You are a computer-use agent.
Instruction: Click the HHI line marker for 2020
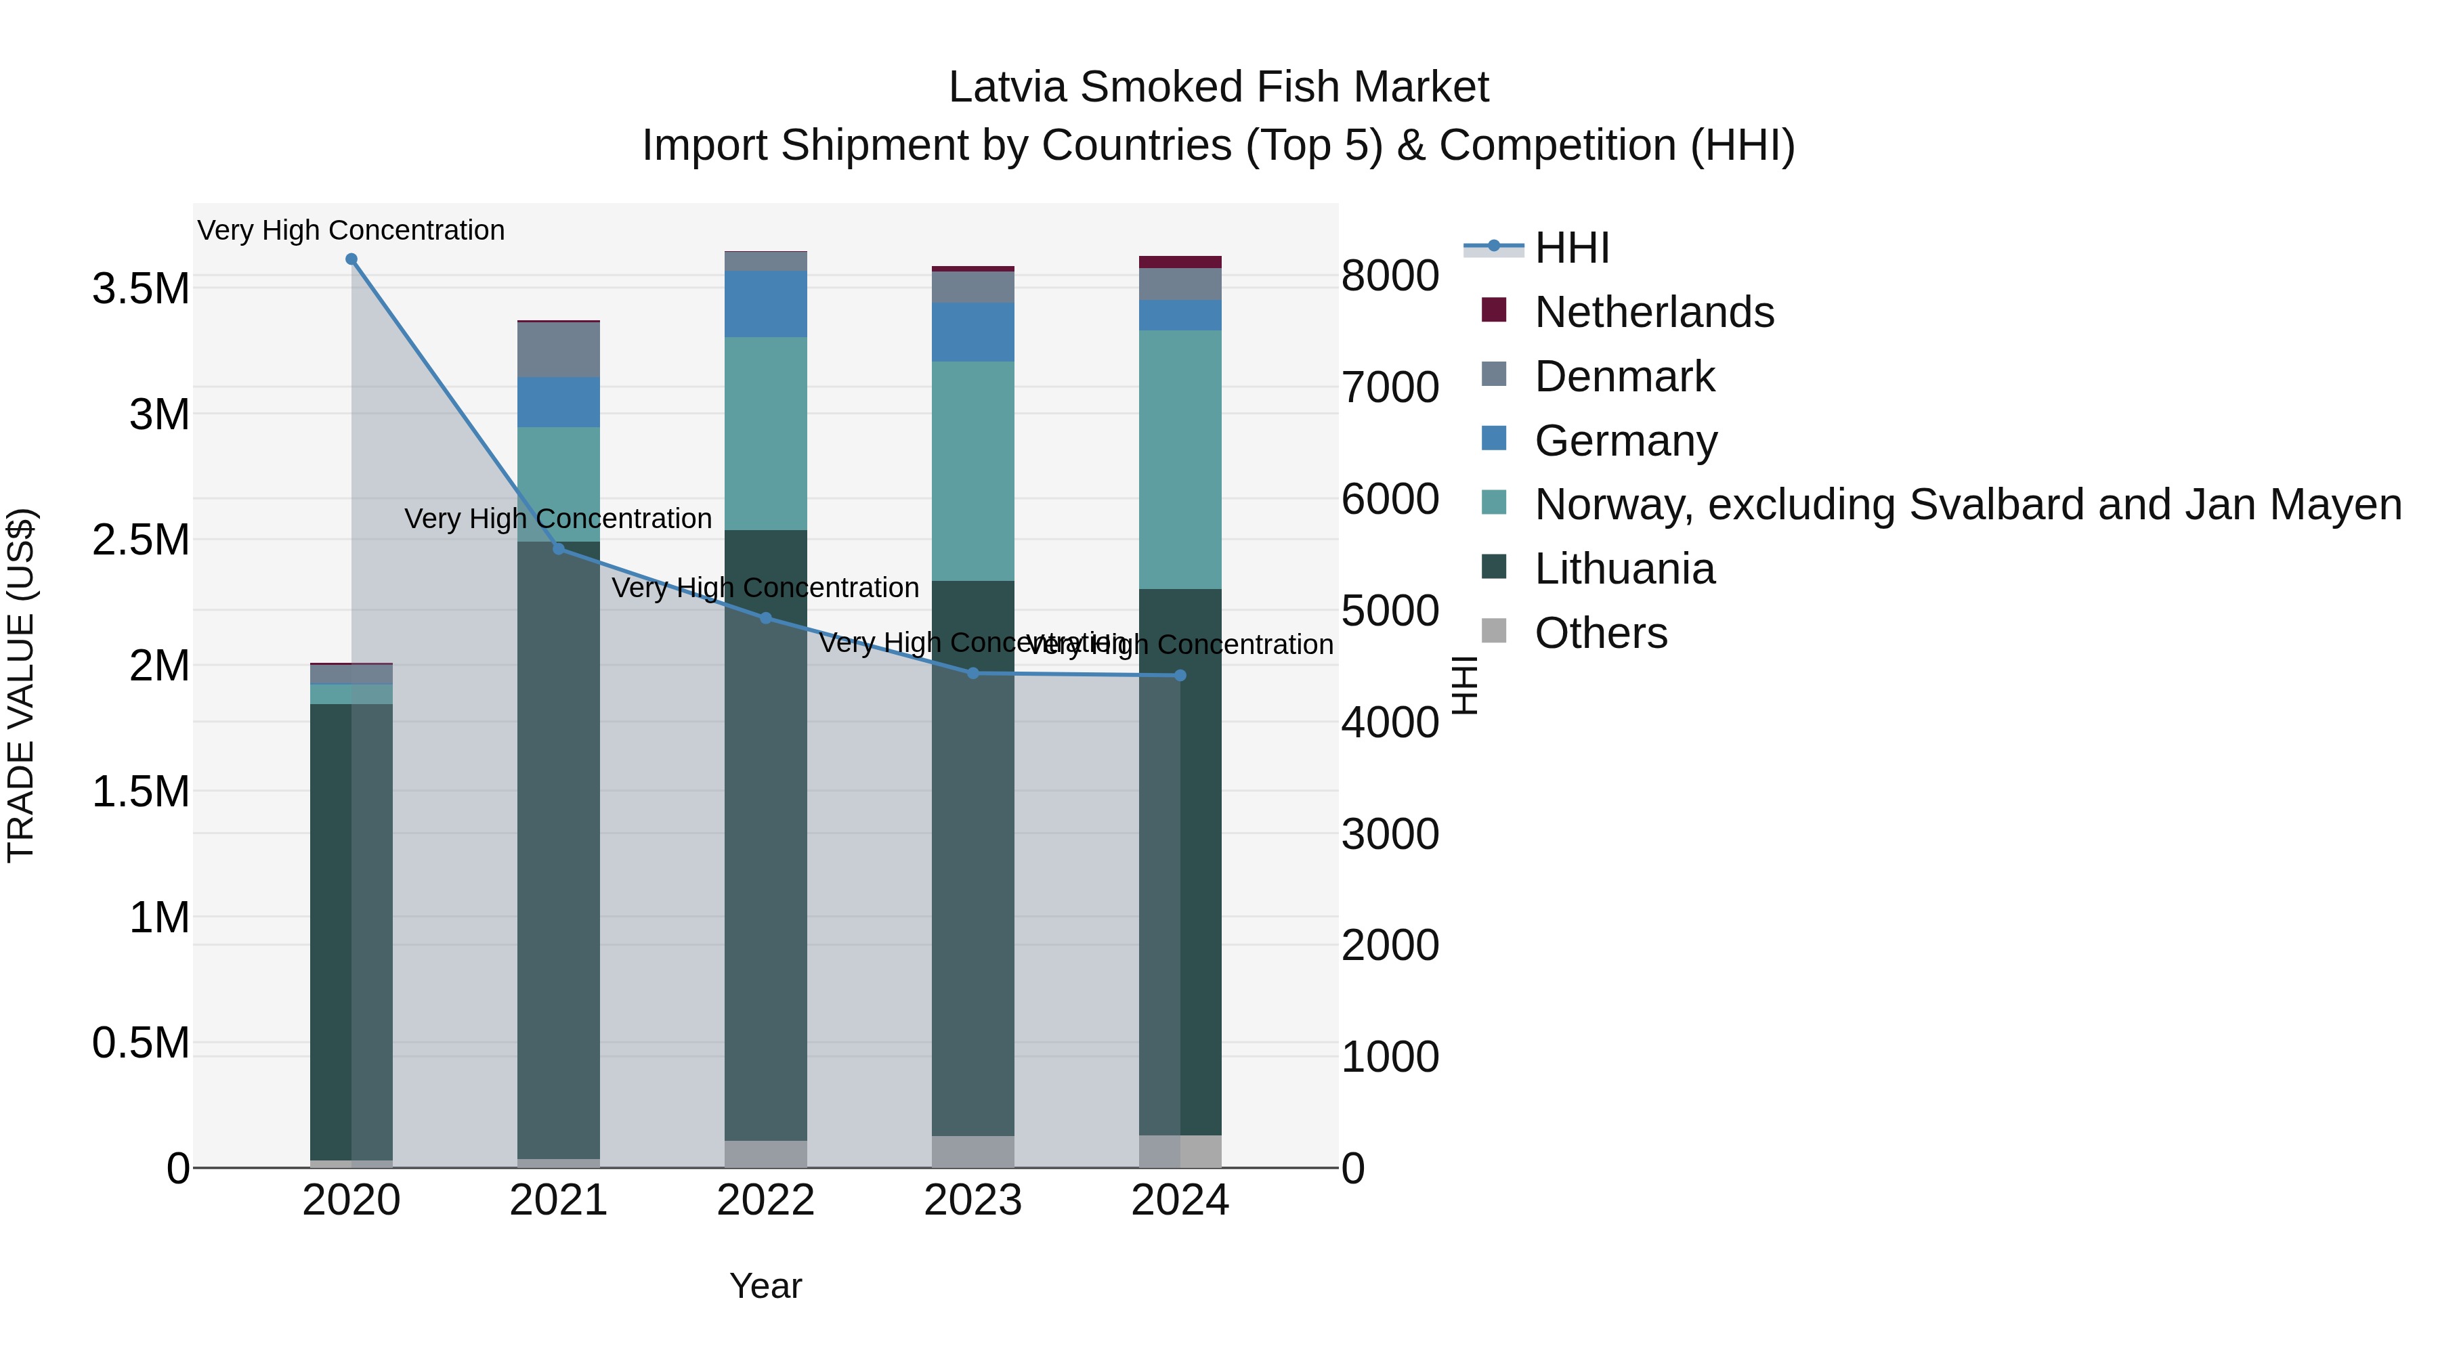pos(351,259)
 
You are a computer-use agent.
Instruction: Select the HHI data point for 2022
pos(766,619)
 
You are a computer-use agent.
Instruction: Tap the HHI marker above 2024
pos(1180,676)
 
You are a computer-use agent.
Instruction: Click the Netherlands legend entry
pos(1653,312)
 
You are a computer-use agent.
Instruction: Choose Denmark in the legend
pos(1624,376)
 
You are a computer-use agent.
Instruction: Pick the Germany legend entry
pos(1625,441)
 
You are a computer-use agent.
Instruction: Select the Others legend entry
pos(1600,633)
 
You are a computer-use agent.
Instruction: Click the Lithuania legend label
pos(1624,569)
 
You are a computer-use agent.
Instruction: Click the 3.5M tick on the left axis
pos(141,288)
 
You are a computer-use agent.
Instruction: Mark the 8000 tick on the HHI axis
pos(1390,276)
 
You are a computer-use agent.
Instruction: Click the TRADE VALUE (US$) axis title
pos(21,685)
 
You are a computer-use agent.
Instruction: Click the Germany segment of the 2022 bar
pos(766,304)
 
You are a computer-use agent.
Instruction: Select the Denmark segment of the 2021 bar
pos(559,350)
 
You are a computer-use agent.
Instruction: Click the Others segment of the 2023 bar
pos(973,1152)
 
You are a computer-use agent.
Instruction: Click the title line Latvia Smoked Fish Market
pos(1218,87)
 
